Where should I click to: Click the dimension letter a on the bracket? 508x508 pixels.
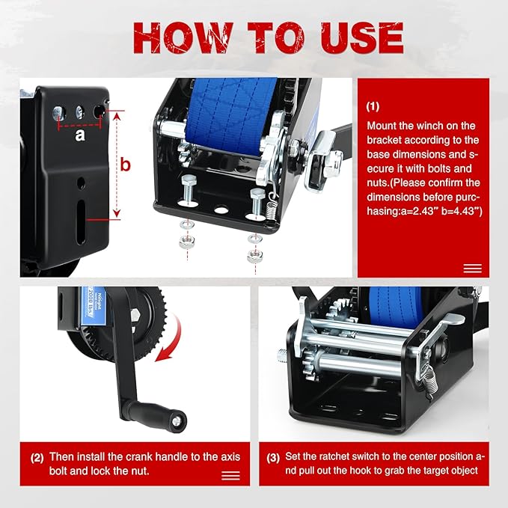(80, 136)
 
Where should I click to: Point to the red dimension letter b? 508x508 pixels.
(126, 165)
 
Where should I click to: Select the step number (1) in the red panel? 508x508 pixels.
(374, 107)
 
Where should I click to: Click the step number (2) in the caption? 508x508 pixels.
(37, 456)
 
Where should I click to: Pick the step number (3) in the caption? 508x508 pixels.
(274, 456)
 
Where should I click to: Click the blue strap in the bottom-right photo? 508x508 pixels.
(396, 307)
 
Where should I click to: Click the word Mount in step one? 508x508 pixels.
(382, 126)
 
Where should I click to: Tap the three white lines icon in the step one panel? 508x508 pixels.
(472, 269)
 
